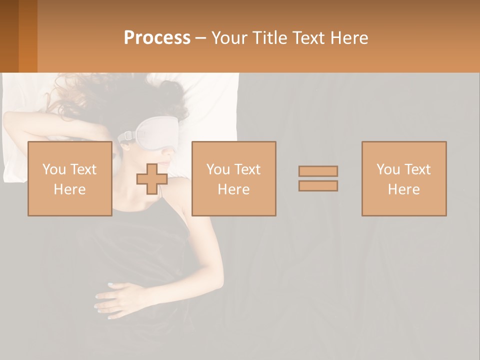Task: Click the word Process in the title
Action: (157, 38)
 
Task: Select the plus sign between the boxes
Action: (152, 178)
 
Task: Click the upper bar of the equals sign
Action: (318, 171)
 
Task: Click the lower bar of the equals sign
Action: (318, 186)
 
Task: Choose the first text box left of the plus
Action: (69, 178)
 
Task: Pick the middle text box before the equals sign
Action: (233, 178)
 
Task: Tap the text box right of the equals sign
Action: (403, 178)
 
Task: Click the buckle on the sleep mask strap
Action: (127, 135)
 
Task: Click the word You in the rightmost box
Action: (387, 169)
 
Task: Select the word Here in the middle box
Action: (233, 189)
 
